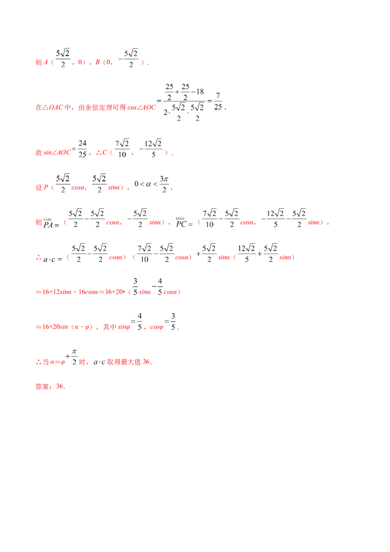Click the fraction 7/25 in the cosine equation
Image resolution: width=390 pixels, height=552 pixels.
[218, 101]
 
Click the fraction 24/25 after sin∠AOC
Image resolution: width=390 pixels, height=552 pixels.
[82, 149]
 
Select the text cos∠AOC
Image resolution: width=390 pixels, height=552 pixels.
[141, 107]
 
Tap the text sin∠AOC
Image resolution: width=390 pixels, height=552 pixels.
[57, 153]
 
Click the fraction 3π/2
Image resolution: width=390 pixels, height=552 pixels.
[164, 184]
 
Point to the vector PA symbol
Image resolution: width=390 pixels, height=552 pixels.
[48, 223]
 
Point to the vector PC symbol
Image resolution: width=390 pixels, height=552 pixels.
[181, 223]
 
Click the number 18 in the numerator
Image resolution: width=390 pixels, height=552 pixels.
[200, 92]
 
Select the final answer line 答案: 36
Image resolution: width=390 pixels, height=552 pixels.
[50, 387]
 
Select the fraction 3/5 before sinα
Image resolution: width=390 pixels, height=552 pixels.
[135, 287]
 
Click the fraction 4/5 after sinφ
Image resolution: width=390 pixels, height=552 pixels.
[140, 321]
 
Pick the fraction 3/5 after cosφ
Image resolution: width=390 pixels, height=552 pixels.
[173, 321]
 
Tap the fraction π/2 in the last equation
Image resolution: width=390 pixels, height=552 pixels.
[74, 356]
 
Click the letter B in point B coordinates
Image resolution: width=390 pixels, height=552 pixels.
[97, 62]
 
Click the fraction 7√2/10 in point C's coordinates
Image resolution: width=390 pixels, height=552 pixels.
[122, 149]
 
